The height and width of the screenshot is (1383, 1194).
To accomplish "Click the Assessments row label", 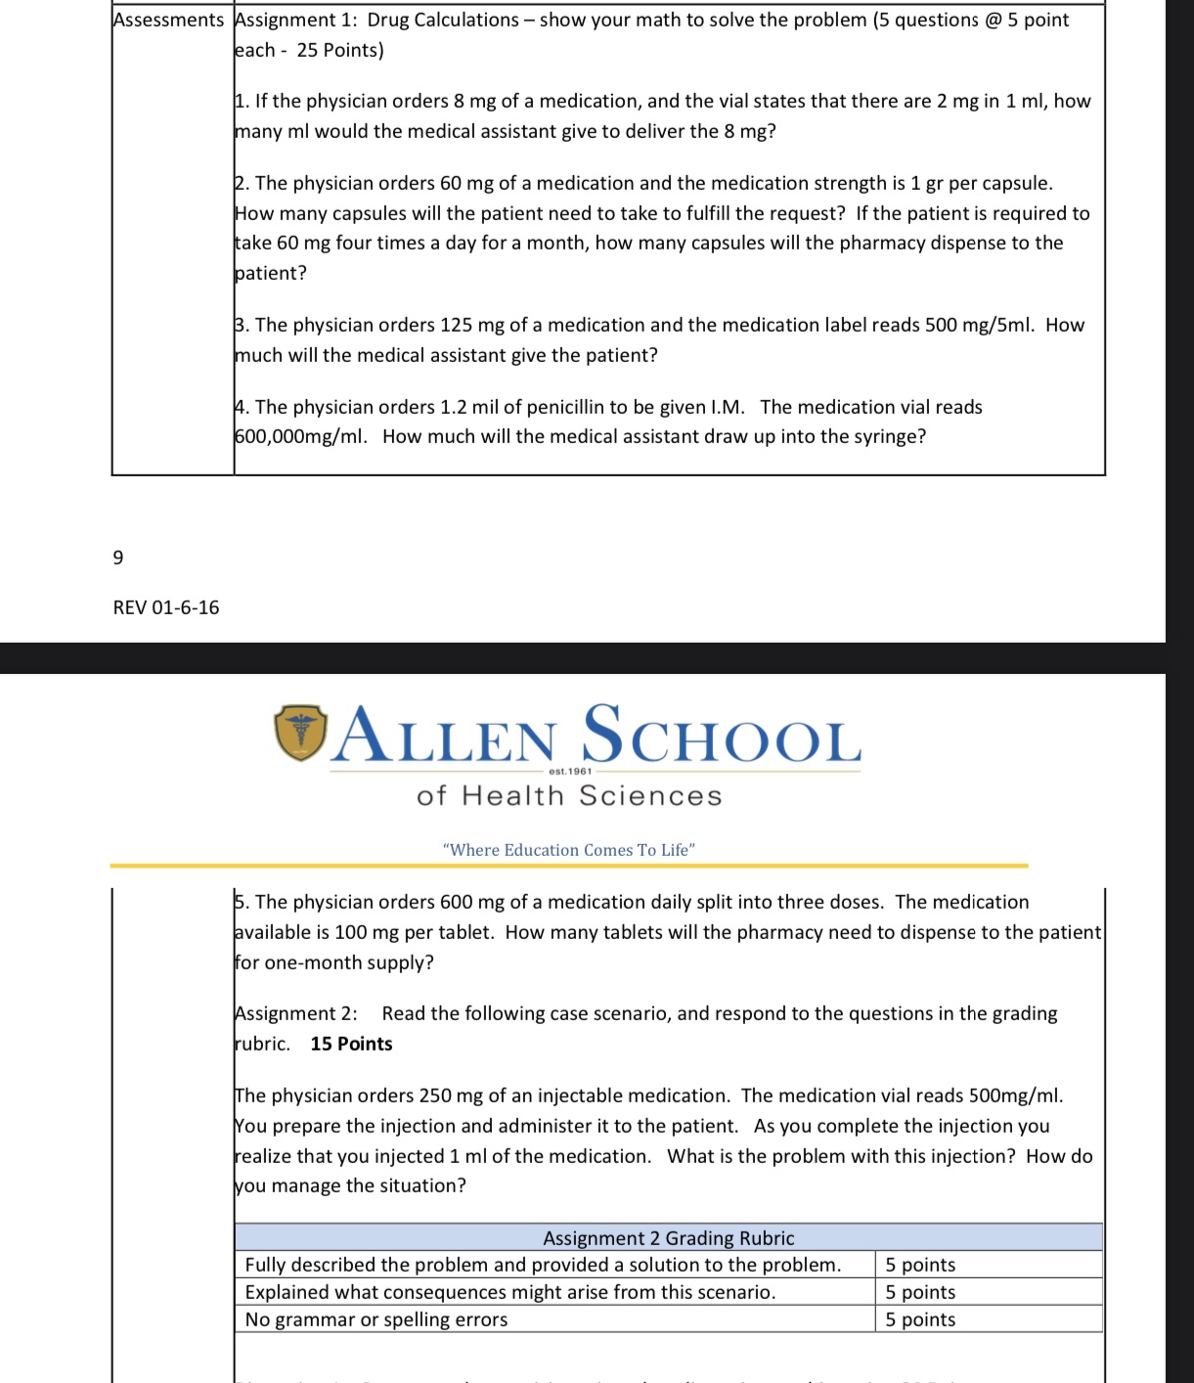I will [x=168, y=20].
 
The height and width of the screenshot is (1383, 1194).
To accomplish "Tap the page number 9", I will [x=118, y=558].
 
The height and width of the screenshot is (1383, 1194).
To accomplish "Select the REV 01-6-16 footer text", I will [x=166, y=607].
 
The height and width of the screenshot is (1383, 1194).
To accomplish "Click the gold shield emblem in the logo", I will [x=300, y=733].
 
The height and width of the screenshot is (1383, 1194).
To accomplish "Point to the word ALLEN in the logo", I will [x=446, y=736].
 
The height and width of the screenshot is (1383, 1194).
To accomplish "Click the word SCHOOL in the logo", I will [x=722, y=736].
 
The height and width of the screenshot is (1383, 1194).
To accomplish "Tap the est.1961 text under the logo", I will [x=570, y=771].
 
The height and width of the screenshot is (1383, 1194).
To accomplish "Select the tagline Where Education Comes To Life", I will [x=568, y=850].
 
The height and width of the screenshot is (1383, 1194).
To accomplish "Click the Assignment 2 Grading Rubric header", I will [x=668, y=1237].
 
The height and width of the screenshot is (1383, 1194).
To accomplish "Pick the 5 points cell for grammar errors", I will [x=920, y=1319].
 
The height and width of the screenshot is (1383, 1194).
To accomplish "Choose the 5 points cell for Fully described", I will [x=920, y=1265].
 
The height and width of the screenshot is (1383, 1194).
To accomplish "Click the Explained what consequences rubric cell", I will [x=509, y=1292].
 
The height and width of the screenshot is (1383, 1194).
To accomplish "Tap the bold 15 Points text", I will [x=351, y=1044].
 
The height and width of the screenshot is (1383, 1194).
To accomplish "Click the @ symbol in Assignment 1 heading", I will [x=993, y=20].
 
